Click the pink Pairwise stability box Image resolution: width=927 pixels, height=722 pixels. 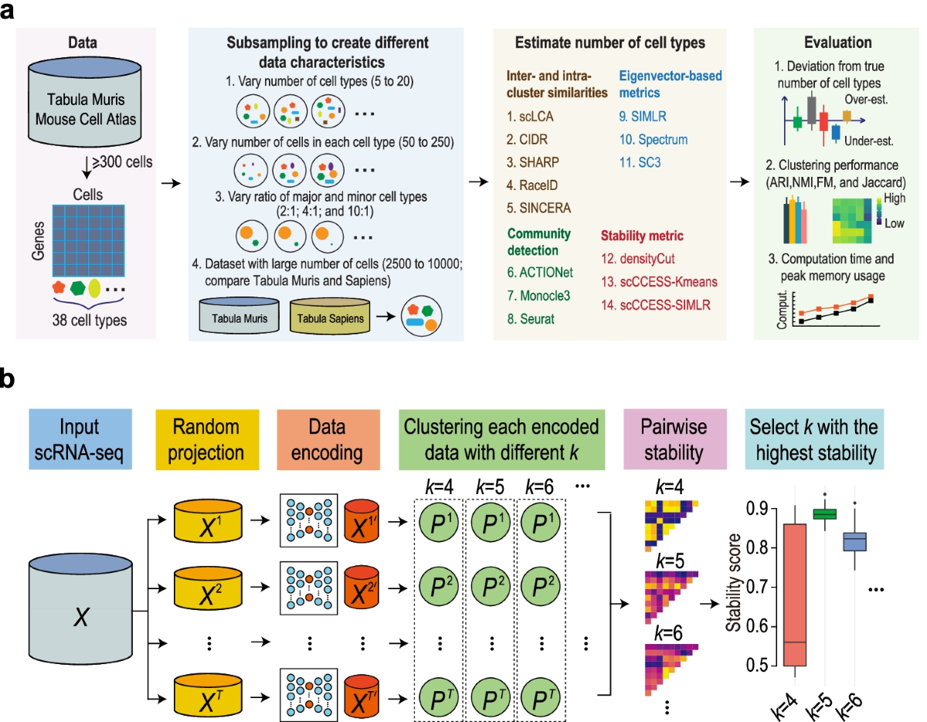tap(670, 439)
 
